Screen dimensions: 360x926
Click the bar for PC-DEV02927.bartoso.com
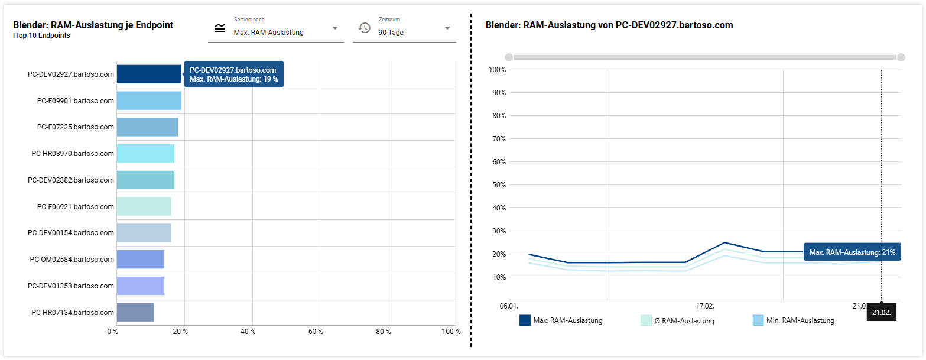[149, 74]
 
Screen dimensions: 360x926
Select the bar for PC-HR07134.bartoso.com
[135, 312]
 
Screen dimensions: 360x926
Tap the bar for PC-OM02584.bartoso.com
[140, 260]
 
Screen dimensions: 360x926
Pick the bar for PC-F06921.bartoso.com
[144, 206]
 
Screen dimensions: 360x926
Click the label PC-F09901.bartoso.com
[75, 100]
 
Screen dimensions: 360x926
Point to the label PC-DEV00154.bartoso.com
[71, 233]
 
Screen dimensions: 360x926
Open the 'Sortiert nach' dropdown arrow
[335, 28]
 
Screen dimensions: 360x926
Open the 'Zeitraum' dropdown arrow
[447, 28]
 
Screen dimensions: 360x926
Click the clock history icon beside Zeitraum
[365, 28]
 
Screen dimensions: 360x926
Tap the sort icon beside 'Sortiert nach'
[220, 28]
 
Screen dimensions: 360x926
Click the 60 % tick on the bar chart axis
[316, 332]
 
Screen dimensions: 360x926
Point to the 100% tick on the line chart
[498, 70]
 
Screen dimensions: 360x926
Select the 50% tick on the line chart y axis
[499, 185]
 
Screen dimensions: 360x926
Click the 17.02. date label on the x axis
[705, 306]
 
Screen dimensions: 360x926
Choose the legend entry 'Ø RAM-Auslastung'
[678, 321]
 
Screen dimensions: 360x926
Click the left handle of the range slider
[509, 57]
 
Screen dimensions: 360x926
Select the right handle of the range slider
[901, 57]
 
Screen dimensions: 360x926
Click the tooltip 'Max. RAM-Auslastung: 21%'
[852, 252]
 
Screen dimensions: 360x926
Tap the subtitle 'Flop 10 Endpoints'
[41, 35]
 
